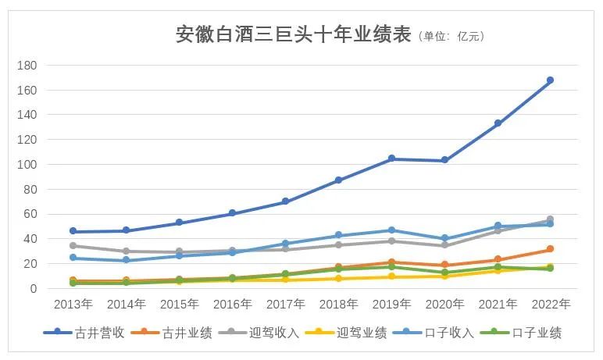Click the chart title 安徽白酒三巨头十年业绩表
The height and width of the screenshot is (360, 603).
(292, 35)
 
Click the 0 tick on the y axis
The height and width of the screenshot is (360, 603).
(34, 289)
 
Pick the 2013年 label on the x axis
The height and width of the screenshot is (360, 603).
(73, 303)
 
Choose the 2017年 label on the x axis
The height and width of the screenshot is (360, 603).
(285, 303)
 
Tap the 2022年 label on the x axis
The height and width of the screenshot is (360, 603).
(550, 303)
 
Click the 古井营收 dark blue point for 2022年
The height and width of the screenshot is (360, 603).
(550, 80)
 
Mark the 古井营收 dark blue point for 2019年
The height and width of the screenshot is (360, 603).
(391, 159)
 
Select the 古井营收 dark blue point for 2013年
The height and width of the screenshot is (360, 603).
(73, 231)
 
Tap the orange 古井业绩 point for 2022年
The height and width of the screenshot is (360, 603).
(550, 249)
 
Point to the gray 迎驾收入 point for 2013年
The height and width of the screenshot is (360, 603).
(73, 245)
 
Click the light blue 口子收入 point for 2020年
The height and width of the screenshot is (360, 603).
(444, 238)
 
